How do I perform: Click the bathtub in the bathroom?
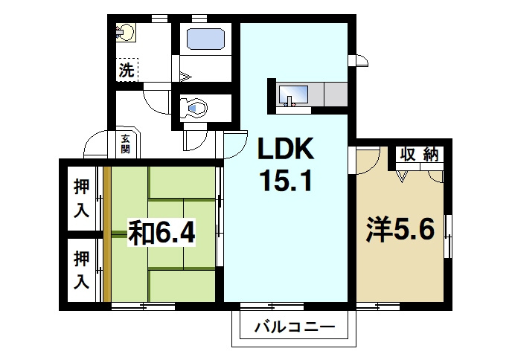tap(205, 39)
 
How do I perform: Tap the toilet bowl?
tap(195, 107)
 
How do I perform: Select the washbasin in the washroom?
tap(125, 33)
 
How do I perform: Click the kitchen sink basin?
tap(293, 95)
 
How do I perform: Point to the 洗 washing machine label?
tap(127, 70)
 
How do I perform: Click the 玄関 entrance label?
tap(125, 144)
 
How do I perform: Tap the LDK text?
tap(286, 149)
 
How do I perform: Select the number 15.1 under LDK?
tap(286, 181)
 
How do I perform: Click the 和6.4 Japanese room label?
tap(161, 233)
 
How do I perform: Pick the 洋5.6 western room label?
tap(400, 229)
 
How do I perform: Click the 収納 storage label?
tap(420, 155)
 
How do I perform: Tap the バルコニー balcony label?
tap(295, 327)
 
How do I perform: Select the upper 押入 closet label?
tap(81, 199)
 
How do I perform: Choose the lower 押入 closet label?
tap(81, 269)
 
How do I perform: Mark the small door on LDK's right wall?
tap(358, 60)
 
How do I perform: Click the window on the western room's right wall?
tap(448, 237)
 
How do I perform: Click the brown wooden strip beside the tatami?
tap(107, 234)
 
